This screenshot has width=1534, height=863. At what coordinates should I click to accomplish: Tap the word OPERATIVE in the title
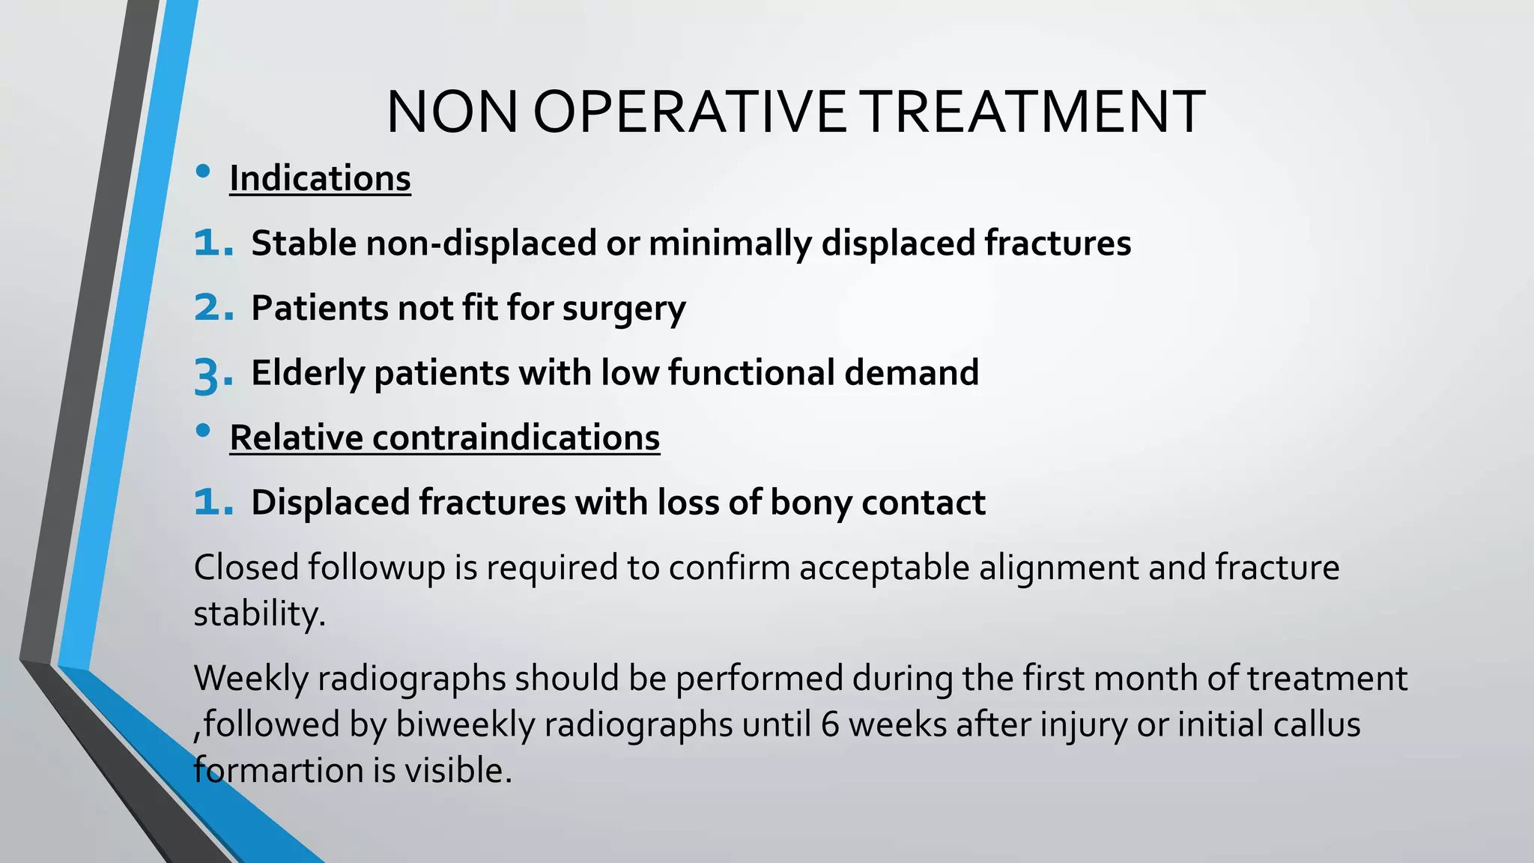point(689,112)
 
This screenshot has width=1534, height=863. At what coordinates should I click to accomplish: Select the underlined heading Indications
point(320,178)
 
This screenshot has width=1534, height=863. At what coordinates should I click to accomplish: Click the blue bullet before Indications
point(202,172)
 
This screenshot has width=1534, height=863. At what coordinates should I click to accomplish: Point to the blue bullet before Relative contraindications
point(202,431)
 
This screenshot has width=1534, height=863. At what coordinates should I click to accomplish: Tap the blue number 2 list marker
point(213,308)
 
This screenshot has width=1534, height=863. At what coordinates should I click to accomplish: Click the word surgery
point(624,309)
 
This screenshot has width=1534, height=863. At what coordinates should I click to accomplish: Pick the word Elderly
point(307,373)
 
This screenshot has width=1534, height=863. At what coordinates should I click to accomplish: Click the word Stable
point(303,243)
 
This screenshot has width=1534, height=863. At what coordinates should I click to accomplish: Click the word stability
point(259,614)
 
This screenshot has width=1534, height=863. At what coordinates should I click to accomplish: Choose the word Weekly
point(251,679)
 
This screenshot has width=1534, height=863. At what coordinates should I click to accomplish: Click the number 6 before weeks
point(829,724)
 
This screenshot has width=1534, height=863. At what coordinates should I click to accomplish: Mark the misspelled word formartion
point(273,770)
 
